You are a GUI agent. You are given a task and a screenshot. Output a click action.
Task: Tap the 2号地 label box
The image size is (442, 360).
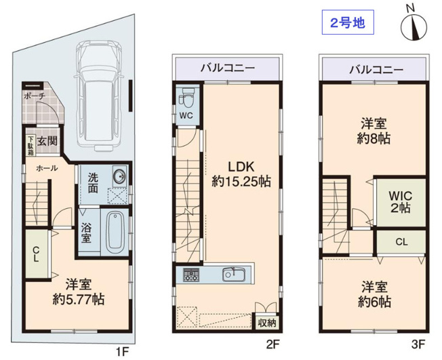[x=347, y=23]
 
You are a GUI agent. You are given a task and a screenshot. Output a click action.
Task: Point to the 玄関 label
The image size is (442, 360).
[x=47, y=141]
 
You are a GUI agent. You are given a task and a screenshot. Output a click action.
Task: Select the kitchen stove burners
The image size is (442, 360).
[x=189, y=275]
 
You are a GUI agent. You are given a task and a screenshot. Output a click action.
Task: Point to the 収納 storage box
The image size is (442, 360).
[x=266, y=322]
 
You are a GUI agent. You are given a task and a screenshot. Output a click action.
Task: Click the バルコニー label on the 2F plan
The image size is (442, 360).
[x=227, y=68]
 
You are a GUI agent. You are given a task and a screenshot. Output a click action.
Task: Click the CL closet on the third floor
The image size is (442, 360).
[x=401, y=241]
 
